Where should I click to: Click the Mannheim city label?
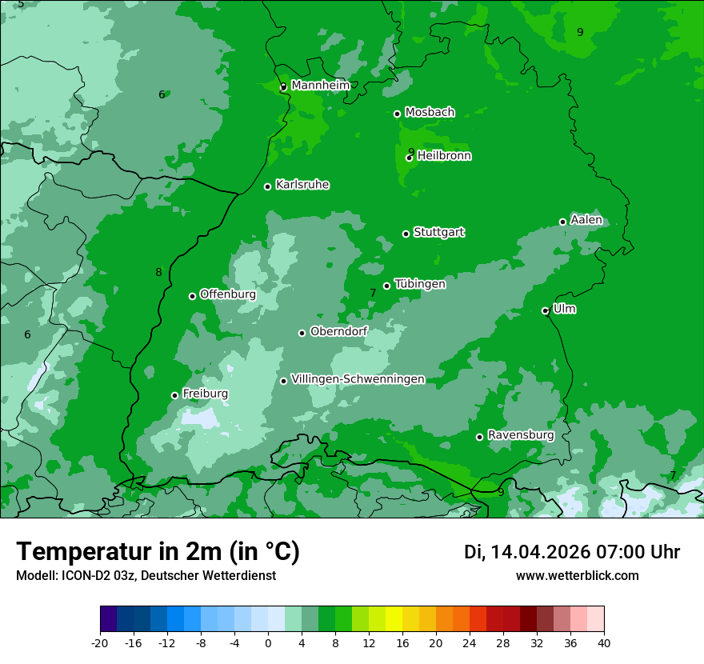click(320, 86)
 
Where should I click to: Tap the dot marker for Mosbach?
click(397, 114)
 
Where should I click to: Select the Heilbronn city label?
click(444, 156)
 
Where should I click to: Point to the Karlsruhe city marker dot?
click(267, 187)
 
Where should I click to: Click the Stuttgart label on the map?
click(438, 233)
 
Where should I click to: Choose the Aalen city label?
click(586, 220)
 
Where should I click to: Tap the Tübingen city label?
click(420, 284)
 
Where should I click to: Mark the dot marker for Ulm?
click(546, 310)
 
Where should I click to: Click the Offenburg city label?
click(228, 294)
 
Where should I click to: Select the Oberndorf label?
click(338, 331)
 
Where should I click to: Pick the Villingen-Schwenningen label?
click(358, 379)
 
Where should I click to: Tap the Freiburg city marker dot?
click(174, 395)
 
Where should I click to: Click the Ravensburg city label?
click(521, 435)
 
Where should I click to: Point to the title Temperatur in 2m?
click(158, 551)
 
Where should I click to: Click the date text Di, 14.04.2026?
click(527, 552)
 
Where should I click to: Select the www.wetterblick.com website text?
click(577, 575)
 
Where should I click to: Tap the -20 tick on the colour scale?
click(100, 642)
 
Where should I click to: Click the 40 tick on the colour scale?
click(603, 642)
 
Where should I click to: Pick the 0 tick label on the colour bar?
click(268, 642)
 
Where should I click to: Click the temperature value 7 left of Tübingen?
click(373, 294)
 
